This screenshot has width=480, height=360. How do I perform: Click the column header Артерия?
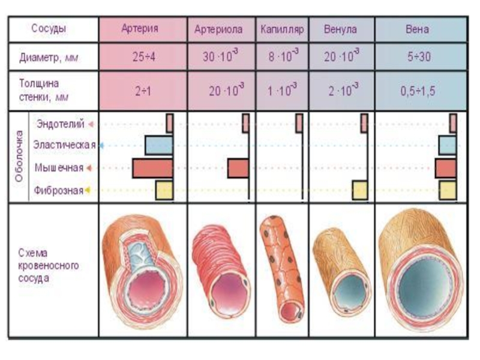click(x=143, y=29)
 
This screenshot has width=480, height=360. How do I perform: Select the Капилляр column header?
click(x=283, y=29)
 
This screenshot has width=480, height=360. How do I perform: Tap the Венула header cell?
click(x=340, y=29)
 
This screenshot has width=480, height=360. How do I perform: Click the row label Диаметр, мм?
click(x=49, y=59)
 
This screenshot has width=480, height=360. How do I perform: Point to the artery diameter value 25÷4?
click(x=143, y=58)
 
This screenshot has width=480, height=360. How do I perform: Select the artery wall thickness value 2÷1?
click(x=143, y=91)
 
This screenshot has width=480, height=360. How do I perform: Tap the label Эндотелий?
click(x=59, y=124)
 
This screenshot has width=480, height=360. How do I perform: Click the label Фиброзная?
click(x=59, y=191)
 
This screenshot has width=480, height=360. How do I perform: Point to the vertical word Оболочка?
click(x=19, y=157)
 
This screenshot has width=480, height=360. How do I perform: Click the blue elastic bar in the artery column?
click(x=158, y=145)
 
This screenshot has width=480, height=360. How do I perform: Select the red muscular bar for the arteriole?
click(x=238, y=168)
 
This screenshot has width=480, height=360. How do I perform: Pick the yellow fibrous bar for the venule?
click(x=359, y=190)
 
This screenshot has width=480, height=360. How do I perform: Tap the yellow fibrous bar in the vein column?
click(x=448, y=190)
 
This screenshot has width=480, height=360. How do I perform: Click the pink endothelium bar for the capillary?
click(x=299, y=123)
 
